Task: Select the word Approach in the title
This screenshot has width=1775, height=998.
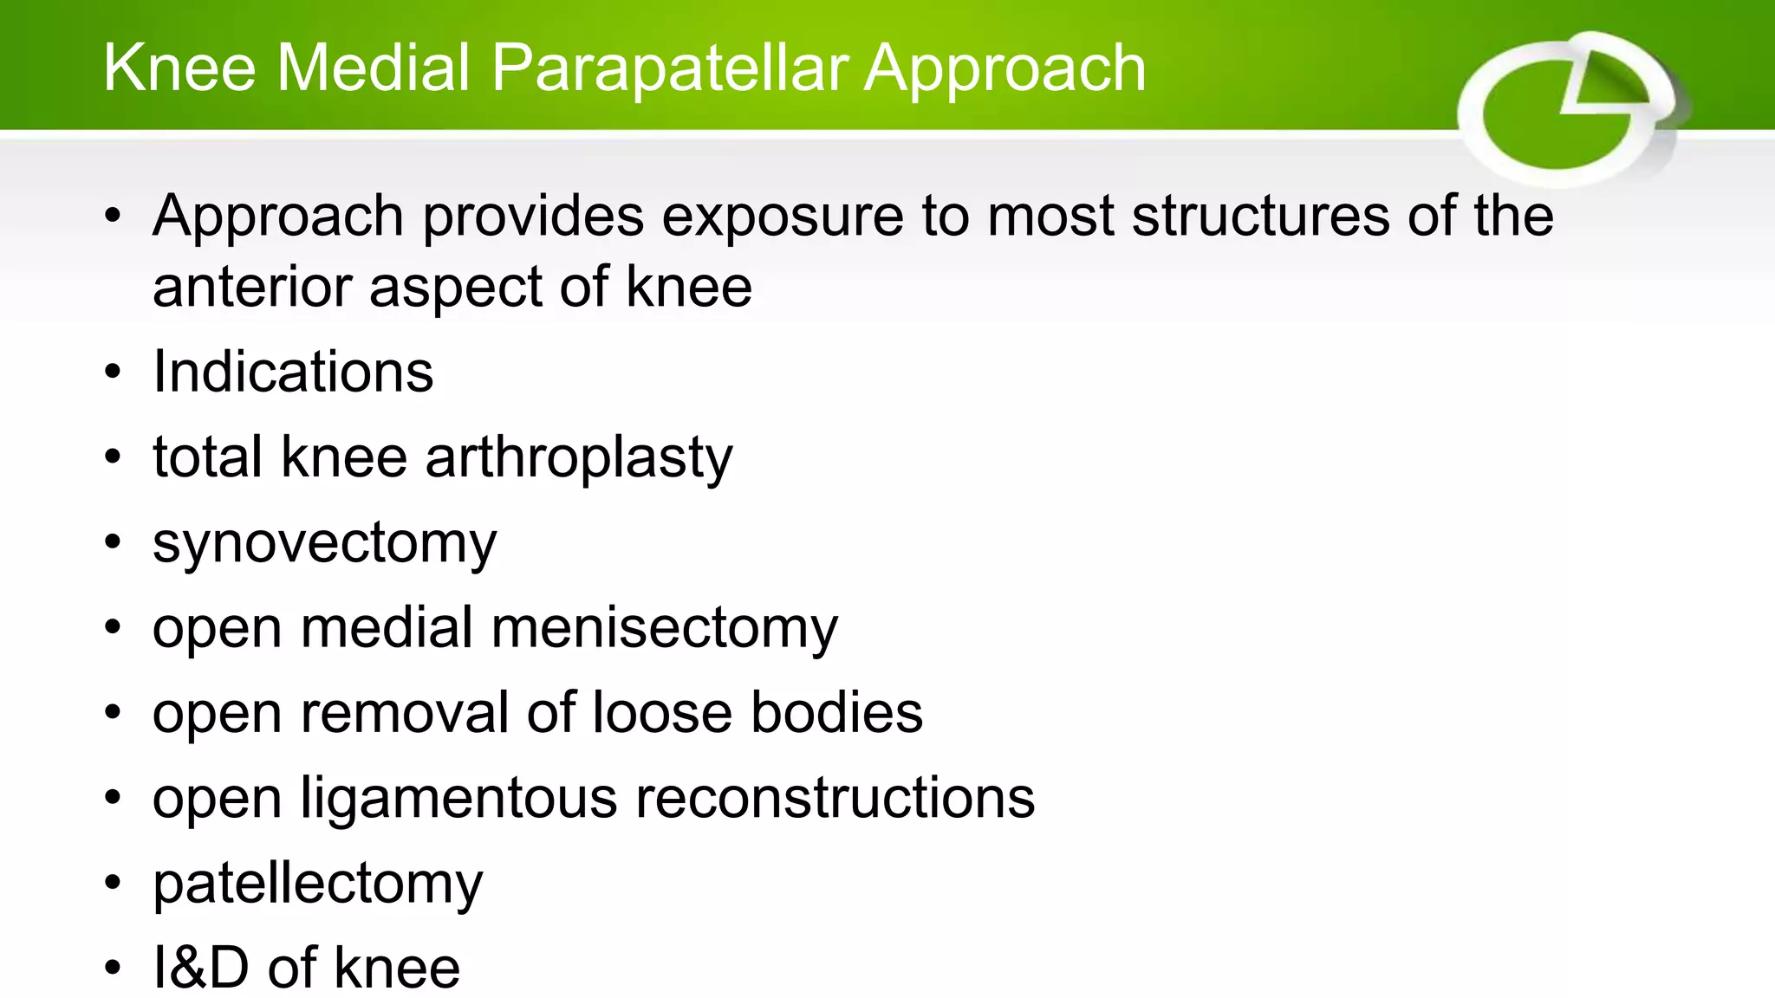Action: [x=1005, y=69]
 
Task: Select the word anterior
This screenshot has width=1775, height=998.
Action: [x=251, y=287]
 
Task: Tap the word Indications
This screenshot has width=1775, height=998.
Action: [x=293, y=372]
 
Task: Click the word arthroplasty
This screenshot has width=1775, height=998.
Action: [x=579, y=458]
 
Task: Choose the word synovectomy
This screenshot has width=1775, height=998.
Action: [x=325, y=544]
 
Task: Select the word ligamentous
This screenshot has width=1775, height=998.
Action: [x=458, y=799]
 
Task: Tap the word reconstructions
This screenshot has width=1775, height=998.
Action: [x=835, y=797]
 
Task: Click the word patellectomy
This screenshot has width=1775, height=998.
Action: [x=317, y=885]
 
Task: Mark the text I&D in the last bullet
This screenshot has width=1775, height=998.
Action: [x=200, y=967]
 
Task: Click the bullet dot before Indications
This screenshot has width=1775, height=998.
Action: [x=113, y=372]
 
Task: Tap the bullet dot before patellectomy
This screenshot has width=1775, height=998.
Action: [x=113, y=883]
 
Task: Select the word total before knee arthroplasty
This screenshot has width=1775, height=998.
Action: [x=207, y=457]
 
